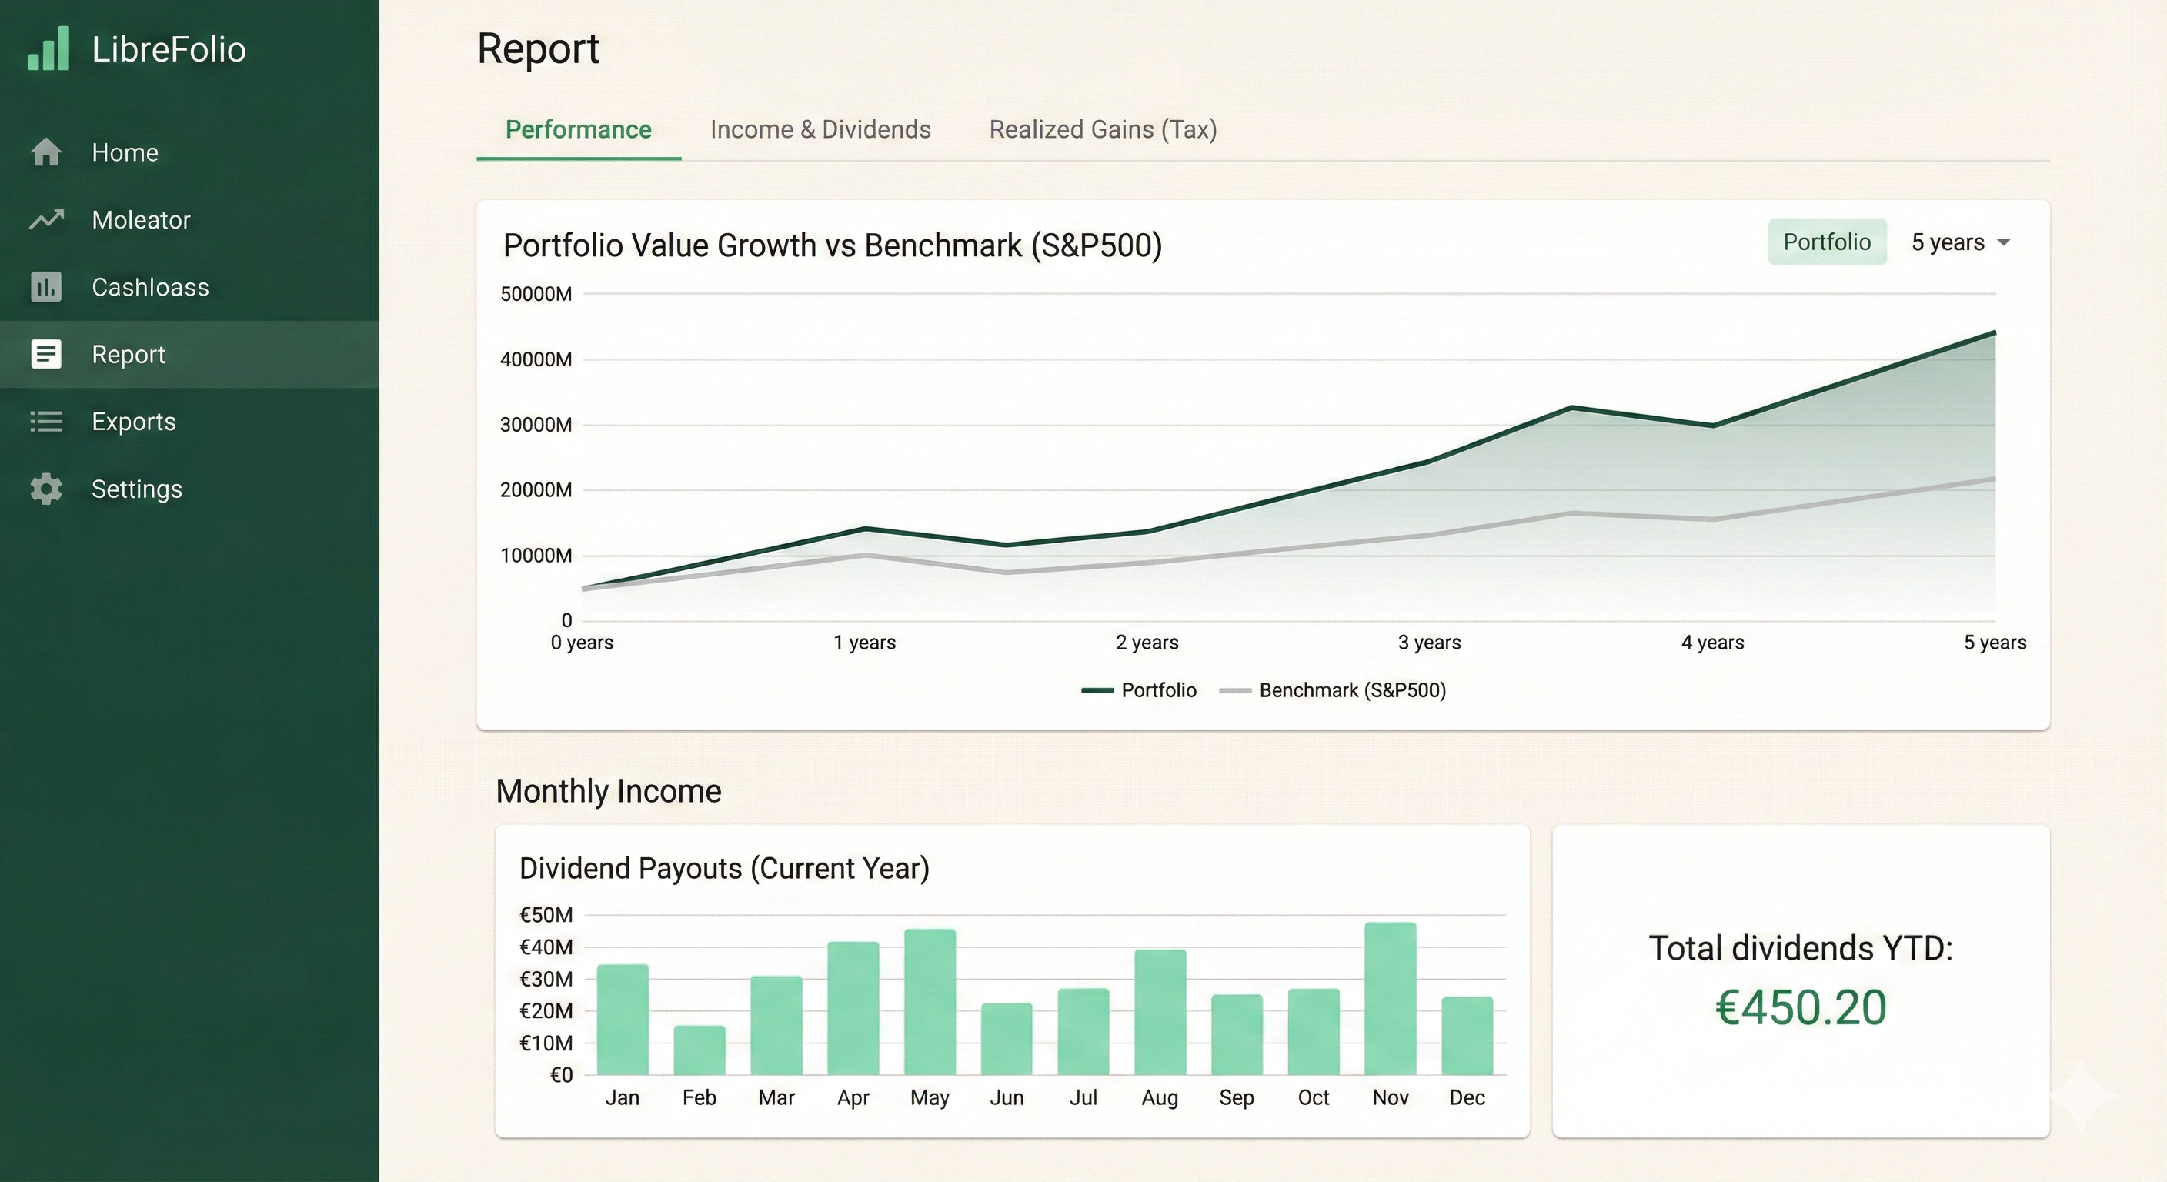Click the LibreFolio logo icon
pyautogui.click(x=48, y=48)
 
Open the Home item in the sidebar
pyautogui.click(x=125, y=152)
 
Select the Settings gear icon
pyautogui.click(x=46, y=489)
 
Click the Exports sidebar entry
pyautogui.click(x=133, y=422)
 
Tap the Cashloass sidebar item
pyautogui.click(x=150, y=287)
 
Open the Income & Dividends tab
pyautogui.click(x=820, y=129)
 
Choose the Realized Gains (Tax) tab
pyautogui.click(x=1103, y=129)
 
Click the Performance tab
pyautogui.click(x=578, y=129)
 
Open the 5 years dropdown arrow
pyautogui.click(x=2004, y=243)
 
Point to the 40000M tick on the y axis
pyautogui.click(x=536, y=359)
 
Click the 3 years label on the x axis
pyautogui.click(x=1429, y=643)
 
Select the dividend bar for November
pyautogui.click(x=1390, y=999)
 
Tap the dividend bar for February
pyautogui.click(x=699, y=1050)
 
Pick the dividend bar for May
pyautogui.click(x=930, y=1002)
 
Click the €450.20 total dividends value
pyautogui.click(x=1801, y=1008)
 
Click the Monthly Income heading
pyautogui.click(x=608, y=792)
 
